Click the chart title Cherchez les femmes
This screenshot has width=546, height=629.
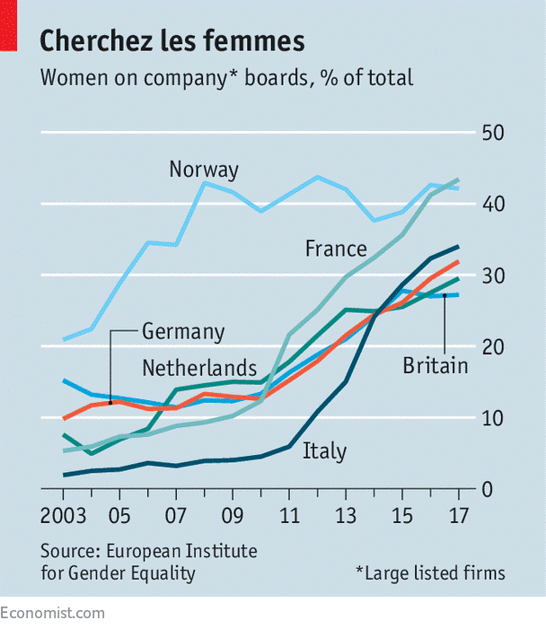pos(172,40)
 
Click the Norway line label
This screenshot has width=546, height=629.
pos(204,170)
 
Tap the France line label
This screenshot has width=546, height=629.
pos(336,249)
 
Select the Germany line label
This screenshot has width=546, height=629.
pos(183,331)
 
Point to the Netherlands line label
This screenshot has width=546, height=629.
pos(199,367)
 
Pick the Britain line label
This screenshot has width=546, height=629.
pos(436,365)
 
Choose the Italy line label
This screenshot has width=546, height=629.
pos(324,450)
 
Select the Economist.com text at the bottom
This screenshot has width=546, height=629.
pos(52,614)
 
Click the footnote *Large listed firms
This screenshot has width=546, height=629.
pos(430,572)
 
